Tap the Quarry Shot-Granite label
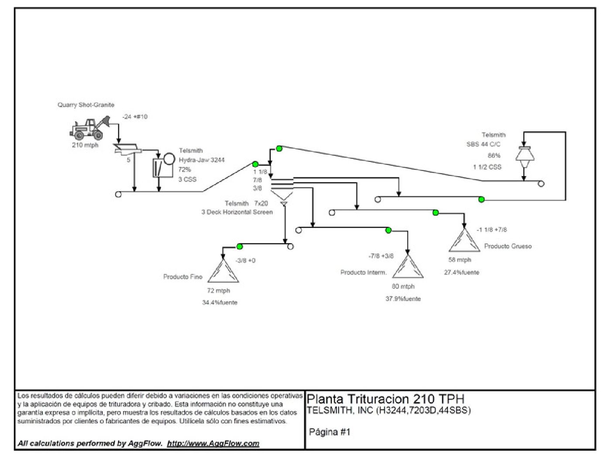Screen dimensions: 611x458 click(x=86, y=105)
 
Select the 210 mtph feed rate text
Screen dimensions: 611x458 click(x=85, y=145)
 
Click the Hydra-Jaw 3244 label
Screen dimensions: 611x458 click(x=202, y=160)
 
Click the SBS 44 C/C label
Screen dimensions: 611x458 click(x=484, y=144)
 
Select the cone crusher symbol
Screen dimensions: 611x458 click(x=525, y=157)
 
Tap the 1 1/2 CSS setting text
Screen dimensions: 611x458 click(x=487, y=167)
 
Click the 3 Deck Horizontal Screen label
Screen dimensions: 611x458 click(x=237, y=212)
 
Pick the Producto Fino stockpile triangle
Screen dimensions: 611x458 click(x=223, y=272)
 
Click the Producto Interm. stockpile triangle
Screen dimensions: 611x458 click(x=408, y=267)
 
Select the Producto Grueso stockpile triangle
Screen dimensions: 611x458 click(x=464, y=240)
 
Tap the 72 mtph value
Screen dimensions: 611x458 click(x=219, y=291)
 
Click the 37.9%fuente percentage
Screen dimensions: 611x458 click(x=403, y=299)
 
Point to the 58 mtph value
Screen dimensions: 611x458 click(x=460, y=260)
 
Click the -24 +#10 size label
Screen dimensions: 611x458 click(x=135, y=117)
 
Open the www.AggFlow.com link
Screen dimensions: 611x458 click(x=213, y=443)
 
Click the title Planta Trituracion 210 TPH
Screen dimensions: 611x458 click(x=385, y=399)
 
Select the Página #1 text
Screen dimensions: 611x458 click(x=330, y=432)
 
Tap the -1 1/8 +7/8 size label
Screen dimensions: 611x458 click(x=491, y=230)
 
